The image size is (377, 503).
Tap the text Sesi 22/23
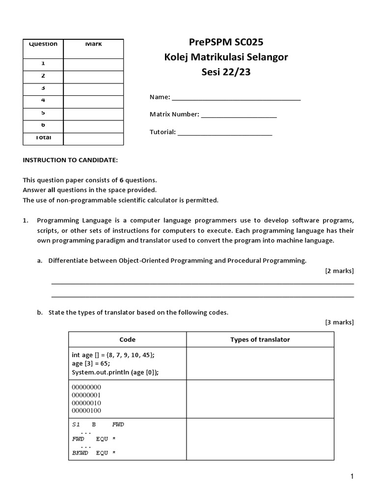(226, 73)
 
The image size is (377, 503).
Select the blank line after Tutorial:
(225, 133)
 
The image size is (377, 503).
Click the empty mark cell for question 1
(93, 64)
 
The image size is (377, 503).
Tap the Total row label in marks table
(43, 138)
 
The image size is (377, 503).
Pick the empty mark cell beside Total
(93, 139)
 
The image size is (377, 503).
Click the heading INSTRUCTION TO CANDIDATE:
(70, 160)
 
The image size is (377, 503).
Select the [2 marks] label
(339, 271)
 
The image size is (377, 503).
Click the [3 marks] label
(339, 322)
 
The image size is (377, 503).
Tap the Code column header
(127, 339)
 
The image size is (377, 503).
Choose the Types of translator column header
(260, 339)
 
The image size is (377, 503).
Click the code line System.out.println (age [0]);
(115, 372)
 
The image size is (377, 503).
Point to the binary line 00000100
(86, 410)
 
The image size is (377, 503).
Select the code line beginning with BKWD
(94, 453)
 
